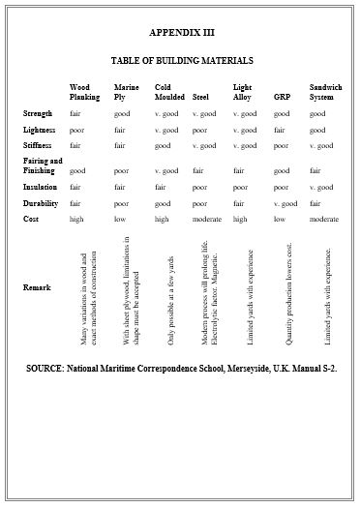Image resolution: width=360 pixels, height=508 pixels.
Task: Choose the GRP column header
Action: [281, 98]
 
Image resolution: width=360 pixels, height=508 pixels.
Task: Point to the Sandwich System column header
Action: [326, 93]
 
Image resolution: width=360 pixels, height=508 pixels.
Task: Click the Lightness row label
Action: [39, 129]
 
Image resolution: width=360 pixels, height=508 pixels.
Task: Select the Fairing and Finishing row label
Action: [43, 165]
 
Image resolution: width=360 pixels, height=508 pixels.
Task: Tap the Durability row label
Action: [41, 203]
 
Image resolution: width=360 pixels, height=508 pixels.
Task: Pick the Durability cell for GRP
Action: [285, 203]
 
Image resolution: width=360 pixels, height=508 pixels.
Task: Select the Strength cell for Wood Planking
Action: [75, 113]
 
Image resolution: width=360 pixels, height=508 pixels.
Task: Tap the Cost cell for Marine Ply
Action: [120, 220]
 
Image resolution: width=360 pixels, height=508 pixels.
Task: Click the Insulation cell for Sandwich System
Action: [322, 187]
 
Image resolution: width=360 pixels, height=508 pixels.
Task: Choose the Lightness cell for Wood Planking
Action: [76, 129]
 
